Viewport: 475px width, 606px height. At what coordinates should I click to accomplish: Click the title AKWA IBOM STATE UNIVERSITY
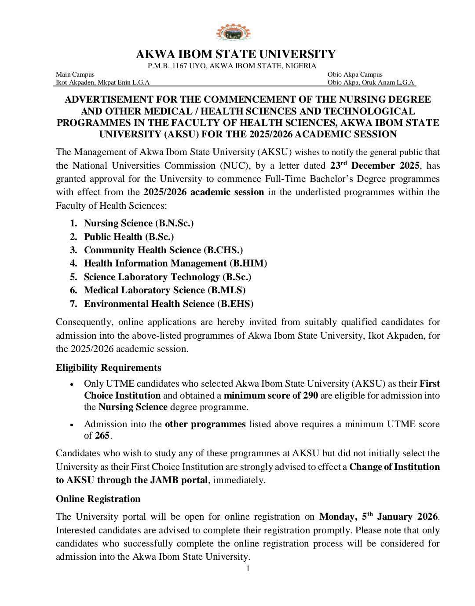[x=235, y=54]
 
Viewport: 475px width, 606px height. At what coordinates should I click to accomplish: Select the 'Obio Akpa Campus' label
[x=355, y=74]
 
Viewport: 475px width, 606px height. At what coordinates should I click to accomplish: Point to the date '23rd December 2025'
[x=375, y=166]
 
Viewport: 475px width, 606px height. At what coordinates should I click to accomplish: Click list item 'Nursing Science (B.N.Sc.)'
[x=139, y=223]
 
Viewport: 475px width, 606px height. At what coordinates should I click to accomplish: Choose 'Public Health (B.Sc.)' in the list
[x=129, y=236]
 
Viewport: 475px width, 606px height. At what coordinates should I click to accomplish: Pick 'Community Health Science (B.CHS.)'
[x=163, y=250]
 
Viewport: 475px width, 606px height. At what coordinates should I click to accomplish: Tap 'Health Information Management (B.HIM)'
[x=175, y=263]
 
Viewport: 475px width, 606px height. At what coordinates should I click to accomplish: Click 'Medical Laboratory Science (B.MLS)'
[x=164, y=290]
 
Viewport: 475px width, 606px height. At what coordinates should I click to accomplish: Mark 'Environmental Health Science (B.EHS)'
[x=168, y=304]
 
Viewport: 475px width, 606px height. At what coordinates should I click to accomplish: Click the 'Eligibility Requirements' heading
[x=108, y=368]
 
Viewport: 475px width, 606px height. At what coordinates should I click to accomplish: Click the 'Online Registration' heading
[x=98, y=499]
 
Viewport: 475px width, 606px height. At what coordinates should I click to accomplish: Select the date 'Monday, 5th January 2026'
[x=378, y=517]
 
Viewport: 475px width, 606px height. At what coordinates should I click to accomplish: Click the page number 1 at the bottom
[x=248, y=569]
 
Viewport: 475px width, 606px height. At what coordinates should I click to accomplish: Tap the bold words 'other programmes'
[x=205, y=425]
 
